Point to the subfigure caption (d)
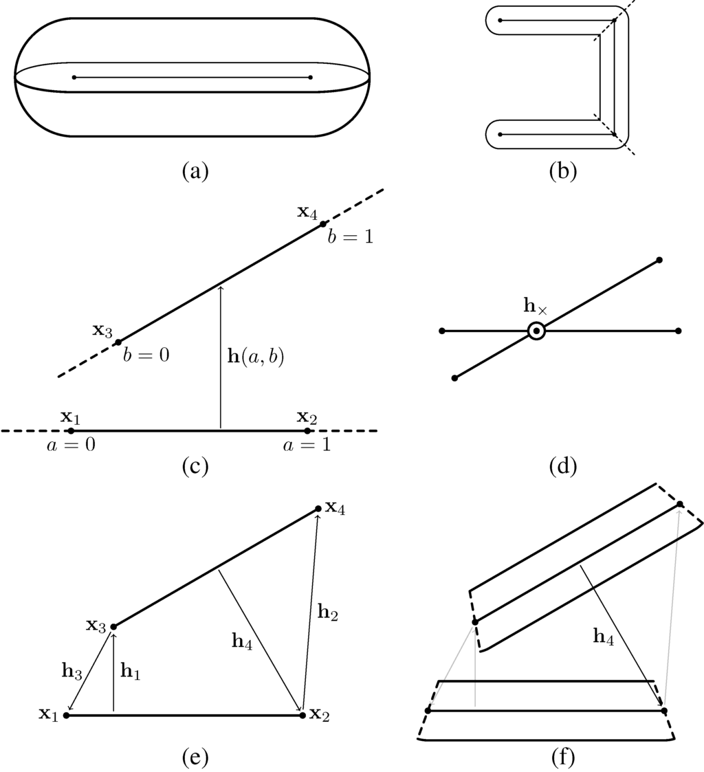[564, 466]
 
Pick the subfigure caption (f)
[564, 758]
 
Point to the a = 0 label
[70, 445]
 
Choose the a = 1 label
[307, 445]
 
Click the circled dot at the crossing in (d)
[536, 331]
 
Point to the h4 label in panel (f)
[603, 637]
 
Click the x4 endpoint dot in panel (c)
[323, 224]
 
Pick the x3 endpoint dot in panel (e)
[113, 626]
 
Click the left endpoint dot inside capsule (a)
[74, 77]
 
